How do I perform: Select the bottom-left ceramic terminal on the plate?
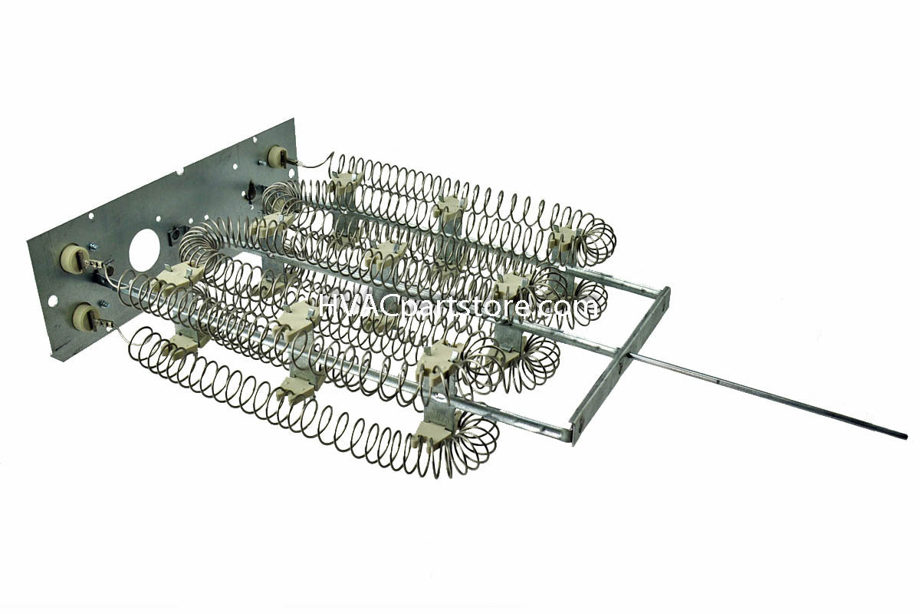pos(84,316)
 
